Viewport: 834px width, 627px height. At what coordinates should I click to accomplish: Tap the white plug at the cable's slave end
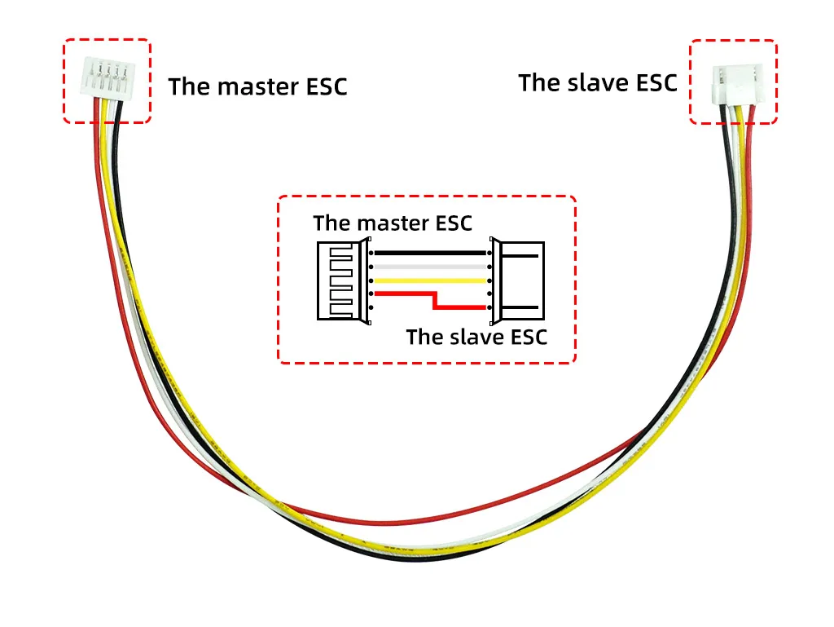[738, 85]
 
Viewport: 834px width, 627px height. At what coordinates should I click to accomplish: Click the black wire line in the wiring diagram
[430, 253]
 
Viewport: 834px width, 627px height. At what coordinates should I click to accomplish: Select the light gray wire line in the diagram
[430, 267]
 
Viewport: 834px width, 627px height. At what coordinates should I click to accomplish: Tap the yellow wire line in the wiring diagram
[430, 280]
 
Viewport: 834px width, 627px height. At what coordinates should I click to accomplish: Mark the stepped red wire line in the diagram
[435, 300]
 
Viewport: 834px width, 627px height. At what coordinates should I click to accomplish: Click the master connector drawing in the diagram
[344, 280]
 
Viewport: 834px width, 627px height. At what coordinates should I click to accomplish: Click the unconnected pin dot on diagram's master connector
[371, 307]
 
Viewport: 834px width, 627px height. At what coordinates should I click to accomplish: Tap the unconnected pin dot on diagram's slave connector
[489, 294]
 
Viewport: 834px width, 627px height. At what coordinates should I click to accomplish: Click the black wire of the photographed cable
[415, 559]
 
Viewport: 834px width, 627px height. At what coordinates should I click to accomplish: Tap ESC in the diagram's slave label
[528, 337]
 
